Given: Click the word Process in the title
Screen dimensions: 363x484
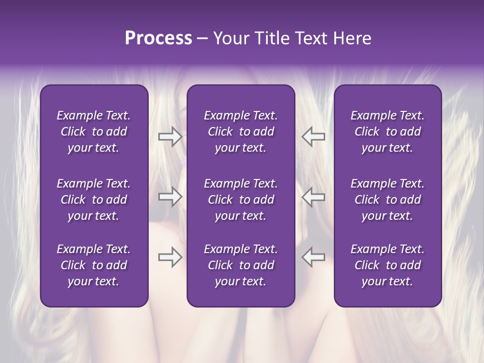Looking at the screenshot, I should (158, 38).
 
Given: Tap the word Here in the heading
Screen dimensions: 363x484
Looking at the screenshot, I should (352, 38).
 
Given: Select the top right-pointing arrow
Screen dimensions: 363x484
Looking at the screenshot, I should (170, 137).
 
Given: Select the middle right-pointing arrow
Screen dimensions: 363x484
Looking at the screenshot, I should (170, 197).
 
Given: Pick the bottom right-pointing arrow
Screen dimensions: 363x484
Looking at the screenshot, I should (170, 257).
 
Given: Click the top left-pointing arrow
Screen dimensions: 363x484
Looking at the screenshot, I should (313, 137).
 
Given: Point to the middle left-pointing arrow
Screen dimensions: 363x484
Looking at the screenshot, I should (313, 197).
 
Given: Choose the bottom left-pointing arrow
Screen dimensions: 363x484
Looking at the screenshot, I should (313, 257).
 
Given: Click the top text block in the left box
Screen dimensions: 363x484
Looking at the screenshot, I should (94, 132).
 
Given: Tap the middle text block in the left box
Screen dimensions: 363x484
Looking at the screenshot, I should (94, 200).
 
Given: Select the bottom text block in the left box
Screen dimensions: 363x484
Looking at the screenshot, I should (94, 265).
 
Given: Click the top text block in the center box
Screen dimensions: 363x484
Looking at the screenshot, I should (241, 132).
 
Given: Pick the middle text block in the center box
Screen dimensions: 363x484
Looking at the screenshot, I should (241, 200).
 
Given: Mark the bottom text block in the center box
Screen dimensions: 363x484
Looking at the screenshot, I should (241, 265).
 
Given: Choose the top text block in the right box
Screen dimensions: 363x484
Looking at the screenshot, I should (388, 132).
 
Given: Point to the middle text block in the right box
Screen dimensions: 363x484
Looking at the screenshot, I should (388, 200).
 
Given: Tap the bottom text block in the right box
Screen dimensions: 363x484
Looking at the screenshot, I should (388, 265).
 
